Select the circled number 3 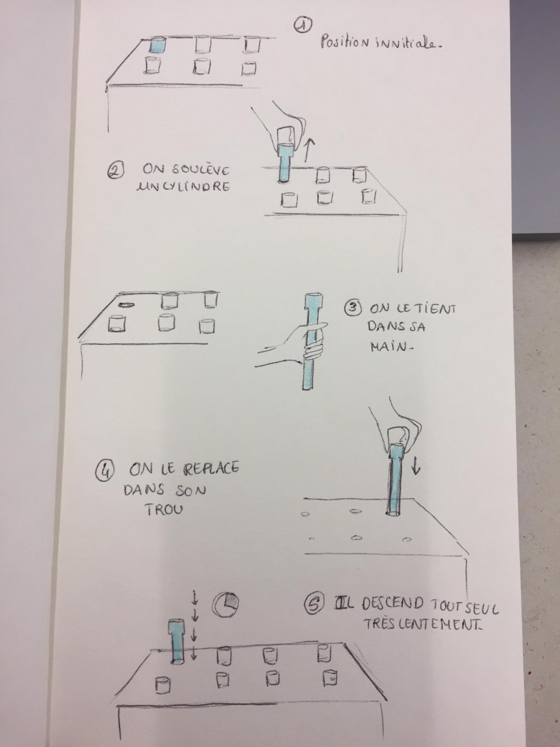click(x=352, y=308)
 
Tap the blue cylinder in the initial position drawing click(x=157, y=45)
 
